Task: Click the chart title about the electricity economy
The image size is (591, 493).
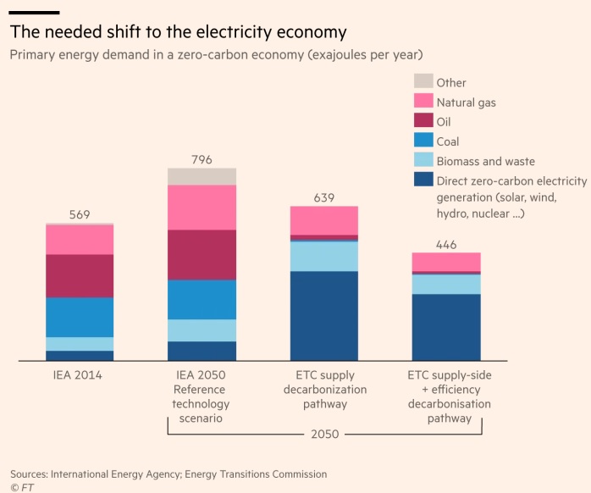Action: (179, 32)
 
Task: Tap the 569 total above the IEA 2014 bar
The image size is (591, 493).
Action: (80, 214)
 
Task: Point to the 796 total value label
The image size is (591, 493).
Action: (202, 159)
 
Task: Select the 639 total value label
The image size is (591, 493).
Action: (324, 197)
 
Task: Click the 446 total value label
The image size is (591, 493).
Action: (446, 245)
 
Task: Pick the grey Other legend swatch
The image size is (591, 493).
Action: (423, 82)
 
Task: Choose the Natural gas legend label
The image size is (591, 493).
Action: (466, 102)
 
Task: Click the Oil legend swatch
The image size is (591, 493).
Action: (423, 122)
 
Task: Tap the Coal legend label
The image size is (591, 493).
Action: (448, 141)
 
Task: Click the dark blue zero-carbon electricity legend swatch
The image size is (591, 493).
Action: (423, 180)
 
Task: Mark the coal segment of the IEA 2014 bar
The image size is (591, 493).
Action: (80, 317)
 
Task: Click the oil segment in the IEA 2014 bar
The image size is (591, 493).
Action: (80, 275)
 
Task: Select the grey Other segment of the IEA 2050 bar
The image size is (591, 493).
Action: (202, 176)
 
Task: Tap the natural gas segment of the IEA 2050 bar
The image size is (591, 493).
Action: (202, 208)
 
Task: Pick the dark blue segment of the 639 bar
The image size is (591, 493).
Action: (324, 316)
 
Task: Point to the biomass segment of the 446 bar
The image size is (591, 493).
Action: (446, 284)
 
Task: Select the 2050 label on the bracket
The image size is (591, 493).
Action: (324, 434)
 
